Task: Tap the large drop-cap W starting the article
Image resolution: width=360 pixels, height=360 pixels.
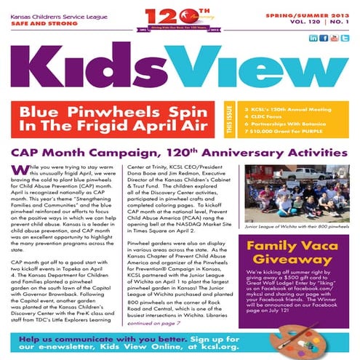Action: tap(17, 169)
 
